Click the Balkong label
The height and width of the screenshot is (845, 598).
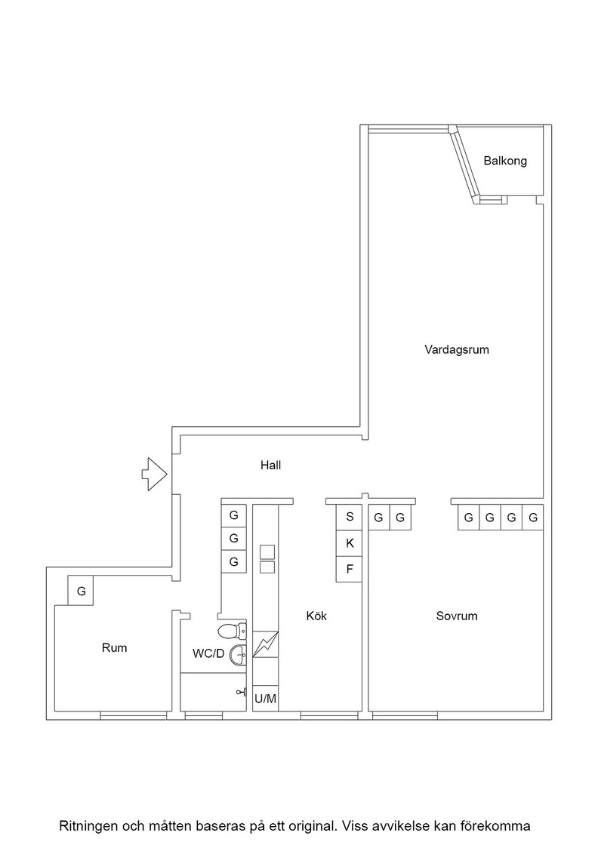504,161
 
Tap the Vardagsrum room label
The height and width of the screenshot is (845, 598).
456,349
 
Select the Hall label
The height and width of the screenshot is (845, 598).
271,465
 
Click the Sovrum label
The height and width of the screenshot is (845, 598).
457,616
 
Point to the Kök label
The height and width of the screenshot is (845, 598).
316,616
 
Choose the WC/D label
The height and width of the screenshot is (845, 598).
208,653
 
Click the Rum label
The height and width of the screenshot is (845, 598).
114,647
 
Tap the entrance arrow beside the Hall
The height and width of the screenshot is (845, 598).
155,475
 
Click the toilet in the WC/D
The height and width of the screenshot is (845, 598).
232,630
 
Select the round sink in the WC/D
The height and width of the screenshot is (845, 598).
239,656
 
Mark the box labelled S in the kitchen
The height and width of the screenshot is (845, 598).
350,517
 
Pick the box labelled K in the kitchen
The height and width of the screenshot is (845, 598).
350,543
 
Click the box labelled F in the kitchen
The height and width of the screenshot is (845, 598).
350,569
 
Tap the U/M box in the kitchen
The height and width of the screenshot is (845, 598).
265,699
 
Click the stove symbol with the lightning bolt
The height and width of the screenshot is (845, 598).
265,644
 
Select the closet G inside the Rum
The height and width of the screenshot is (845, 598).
81,591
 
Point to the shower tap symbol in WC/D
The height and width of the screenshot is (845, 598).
242,693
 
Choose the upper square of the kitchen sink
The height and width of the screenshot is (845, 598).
267,552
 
